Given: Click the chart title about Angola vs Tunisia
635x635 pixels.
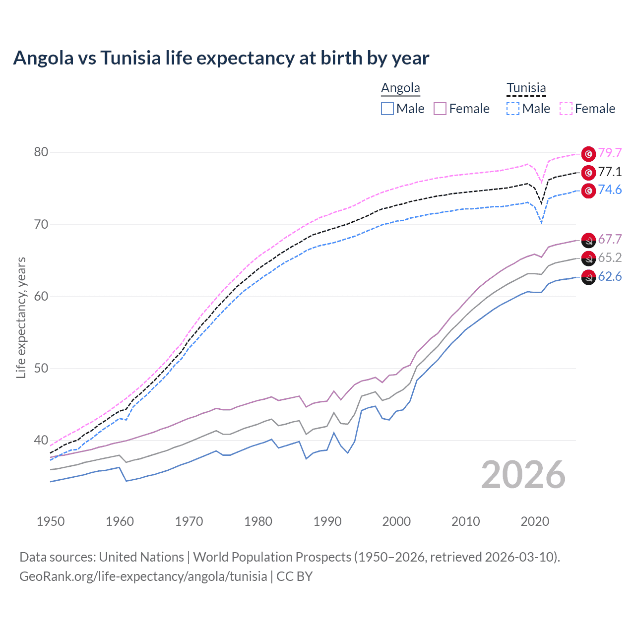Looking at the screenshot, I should pyautogui.click(x=221, y=58).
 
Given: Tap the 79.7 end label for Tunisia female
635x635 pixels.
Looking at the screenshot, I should pyautogui.click(x=610, y=153).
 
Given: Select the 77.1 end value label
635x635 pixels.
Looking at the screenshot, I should pyautogui.click(x=610, y=172).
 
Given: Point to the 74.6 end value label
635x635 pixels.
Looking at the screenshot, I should pyautogui.click(x=610, y=190).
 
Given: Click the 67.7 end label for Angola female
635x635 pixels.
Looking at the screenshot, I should pyautogui.click(x=610, y=240).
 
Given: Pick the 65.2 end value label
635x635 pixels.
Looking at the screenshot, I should pyautogui.click(x=610, y=257).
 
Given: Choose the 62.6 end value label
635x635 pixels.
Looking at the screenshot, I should pyautogui.click(x=610, y=277).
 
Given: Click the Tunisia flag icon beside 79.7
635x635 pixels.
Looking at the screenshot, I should pyautogui.click(x=588, y=154).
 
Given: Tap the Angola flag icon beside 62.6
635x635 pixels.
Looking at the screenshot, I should pyautogui.click(x=588, y=278).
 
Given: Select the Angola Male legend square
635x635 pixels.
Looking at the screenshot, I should pyautogui.click(x=387, y=109).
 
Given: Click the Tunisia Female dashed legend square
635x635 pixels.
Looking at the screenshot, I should pyautogui.click(x=566, y=109).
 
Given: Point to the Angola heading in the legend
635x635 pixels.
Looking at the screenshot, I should pyautogui.click(x=400, y=88).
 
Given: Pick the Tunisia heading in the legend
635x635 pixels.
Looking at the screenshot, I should pyautogui.click(x=526, y=88).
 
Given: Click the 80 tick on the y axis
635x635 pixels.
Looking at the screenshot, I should pyautogui.click(x=41, y=152).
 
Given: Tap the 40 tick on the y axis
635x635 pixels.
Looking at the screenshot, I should pyautogui.click(x=41, y=440).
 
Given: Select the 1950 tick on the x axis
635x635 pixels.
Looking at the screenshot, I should pyautogui.click(x=51, y=521).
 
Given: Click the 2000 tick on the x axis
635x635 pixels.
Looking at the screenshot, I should pyautogui.click(x=396, y=521).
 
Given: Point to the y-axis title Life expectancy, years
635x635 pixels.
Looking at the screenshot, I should pyautogui.click(x=21, y=317).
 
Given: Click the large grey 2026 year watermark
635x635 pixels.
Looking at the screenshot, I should pyautogui.click(x=523, y=475).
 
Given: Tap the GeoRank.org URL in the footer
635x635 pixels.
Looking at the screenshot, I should pyautogui.click(x=143, y=576).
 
